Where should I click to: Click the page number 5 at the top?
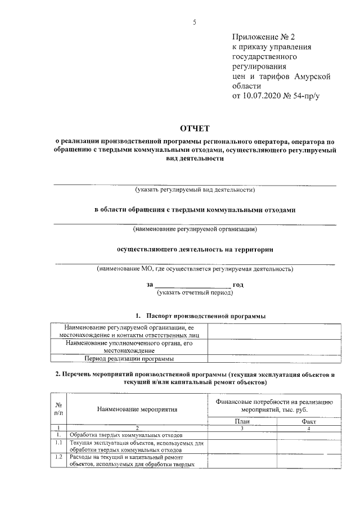click(x=194, y=22)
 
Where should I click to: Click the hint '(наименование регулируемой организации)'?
click(x=195, y=229)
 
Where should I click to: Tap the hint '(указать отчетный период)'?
click(x=195, y=292)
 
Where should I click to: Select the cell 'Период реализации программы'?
click(x=129, y=358)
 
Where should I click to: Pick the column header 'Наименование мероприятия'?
click(x=137, y=409)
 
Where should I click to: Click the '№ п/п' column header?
click(x=58, y=409)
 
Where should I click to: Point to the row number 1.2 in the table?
click(x=58, y=457)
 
